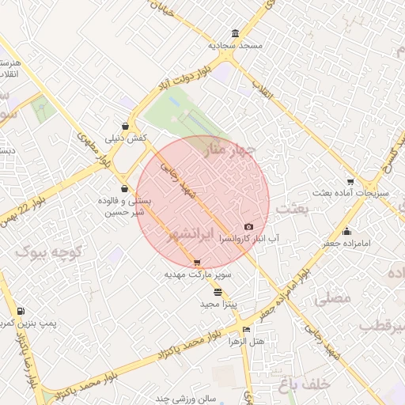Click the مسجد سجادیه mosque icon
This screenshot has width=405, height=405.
pos(235,33)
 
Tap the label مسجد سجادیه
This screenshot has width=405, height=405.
pos(235,46)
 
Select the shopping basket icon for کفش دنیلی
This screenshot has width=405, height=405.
pos(126,125)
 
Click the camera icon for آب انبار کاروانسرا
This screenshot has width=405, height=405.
pos(248,227)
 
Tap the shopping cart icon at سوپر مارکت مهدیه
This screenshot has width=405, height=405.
pos(197,263)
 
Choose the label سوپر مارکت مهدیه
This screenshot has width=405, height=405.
pos(197,274)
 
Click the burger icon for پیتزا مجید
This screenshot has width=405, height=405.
pos(218,292)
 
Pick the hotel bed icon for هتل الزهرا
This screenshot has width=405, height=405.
pos(246,330)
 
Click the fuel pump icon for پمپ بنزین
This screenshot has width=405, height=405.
pos(20,312)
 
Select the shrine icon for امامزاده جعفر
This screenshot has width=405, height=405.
pos(346,232)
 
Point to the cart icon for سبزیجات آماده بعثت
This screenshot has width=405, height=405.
pos(350,181)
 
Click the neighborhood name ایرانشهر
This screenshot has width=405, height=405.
pos(192,236)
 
